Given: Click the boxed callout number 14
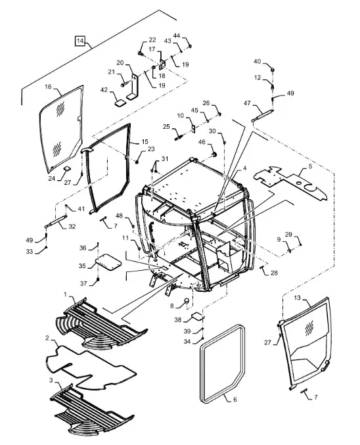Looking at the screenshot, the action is tap(80, 41).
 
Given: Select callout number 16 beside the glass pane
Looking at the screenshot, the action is tap(48, 87).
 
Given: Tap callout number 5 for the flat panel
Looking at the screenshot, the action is tap(310, 166).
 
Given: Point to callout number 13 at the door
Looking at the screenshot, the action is tap(297, 298).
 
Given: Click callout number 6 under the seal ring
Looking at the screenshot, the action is tap(235, 399).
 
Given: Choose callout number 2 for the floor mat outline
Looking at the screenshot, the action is tap(47, 338).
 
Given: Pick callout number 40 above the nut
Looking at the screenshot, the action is tap(257, 61).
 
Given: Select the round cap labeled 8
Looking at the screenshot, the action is tap(187, 300).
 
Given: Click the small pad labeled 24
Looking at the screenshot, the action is tap(67, 168).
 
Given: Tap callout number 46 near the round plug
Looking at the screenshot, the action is tap(202, 142).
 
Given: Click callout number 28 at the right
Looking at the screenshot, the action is tap(274, 273).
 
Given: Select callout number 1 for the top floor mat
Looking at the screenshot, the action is tap(65, 294).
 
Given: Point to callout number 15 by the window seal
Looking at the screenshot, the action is tap(145, 141).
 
